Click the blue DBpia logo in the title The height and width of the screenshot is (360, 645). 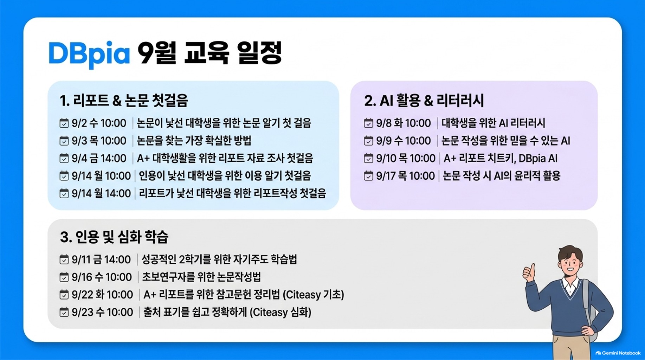click(x=89, y=54)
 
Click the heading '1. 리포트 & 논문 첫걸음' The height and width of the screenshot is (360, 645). click(x=124, y=101)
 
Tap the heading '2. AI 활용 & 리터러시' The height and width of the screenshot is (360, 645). click(x=424, y=101)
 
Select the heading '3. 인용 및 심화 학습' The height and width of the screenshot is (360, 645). click(x=114, y=237)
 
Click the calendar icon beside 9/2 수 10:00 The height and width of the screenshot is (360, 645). click(x=64, y=123)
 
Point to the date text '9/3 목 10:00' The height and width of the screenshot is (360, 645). click(x=99, y=141)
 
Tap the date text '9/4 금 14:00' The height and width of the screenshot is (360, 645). click(x=99, y=158)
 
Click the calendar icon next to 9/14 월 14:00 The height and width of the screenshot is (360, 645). click(x=64, y=193)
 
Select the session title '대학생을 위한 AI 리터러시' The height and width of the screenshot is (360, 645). click(x=493, y=123)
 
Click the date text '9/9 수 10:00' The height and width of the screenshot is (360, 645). click(x=404, y=141)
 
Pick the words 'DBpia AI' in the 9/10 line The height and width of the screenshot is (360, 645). click(x=538, y=159)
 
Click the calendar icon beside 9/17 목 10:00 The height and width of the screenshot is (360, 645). click(x=368, y=176)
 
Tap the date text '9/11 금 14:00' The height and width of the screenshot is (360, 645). click(x=101, y=259)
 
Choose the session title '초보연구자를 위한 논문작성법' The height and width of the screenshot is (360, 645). click(x=201, y=277)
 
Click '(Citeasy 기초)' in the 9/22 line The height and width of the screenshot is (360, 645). click(x=314, y=295)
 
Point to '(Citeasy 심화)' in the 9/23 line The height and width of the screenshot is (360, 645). click(x=280, y=312)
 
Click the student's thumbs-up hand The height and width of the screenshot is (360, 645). click(x=529, y=272)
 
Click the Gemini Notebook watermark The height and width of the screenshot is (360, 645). click(x=618, y=353)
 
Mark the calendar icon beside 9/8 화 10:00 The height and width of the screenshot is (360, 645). click(x=368, y=123)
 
